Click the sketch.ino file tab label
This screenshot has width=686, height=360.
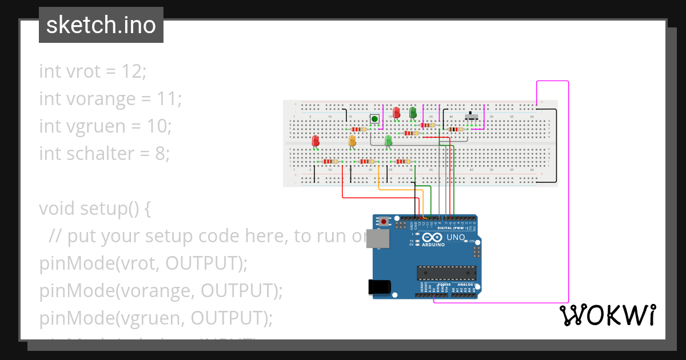click(x=101, y=25)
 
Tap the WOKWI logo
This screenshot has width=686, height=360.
click(x=607, y=315)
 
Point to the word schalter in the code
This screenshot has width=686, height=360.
click(x=101, y=153)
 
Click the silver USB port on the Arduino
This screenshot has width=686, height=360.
click(x=378, y=239)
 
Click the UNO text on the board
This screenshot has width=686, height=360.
click(x=456, y=237)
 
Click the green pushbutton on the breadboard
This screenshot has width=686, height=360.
click(x=374, y=119)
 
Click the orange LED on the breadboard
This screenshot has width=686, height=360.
click(x=352, y=141)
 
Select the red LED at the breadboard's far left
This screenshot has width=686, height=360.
click(x=316, y=141)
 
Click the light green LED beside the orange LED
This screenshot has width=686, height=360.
click(x=389, y=141)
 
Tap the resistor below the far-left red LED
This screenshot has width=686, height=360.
click(x=329, y=162)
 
